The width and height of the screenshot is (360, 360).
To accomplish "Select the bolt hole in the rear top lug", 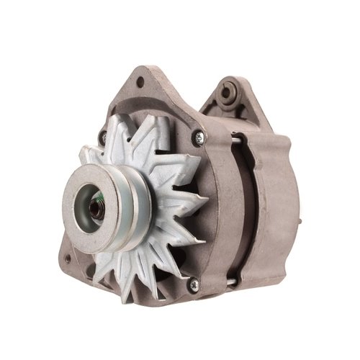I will click(x=230, y=91).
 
